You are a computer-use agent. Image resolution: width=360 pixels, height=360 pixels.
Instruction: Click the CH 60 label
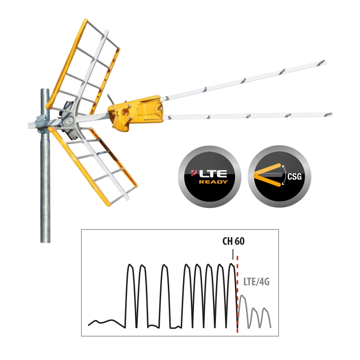tap(234, 241)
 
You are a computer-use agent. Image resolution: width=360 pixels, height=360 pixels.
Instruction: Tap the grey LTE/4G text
tap(256, 282)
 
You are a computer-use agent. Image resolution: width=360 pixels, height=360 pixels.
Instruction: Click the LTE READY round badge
tap(209, 176)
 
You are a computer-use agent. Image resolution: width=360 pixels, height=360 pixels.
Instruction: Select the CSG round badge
tap(279, 176)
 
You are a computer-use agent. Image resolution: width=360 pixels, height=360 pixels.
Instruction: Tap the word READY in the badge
tap(213, 182)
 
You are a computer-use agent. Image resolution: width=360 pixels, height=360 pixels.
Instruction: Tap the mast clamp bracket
tap(42, 121)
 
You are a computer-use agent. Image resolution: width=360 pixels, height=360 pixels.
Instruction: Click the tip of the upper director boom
tap(324, 62)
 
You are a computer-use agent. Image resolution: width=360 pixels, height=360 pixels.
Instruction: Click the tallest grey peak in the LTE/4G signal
tap(243, 296)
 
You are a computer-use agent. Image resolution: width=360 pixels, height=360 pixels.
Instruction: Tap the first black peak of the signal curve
tap(130, 265)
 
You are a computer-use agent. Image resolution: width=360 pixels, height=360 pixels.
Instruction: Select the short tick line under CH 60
tap(233, 253)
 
